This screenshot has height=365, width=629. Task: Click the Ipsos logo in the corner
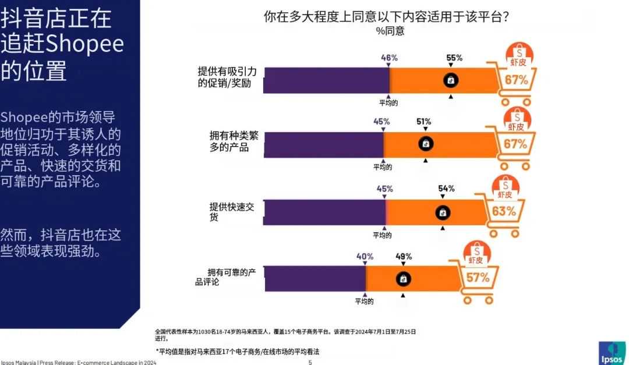612,352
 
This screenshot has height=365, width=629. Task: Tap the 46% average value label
389,58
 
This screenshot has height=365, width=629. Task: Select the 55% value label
454,58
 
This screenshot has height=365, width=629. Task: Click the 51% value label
423,122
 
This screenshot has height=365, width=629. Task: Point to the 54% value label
447,189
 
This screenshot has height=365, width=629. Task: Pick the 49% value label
404,256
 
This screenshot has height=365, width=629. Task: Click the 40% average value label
365,256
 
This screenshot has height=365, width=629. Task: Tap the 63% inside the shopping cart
503,211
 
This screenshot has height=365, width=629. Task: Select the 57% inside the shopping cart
478,278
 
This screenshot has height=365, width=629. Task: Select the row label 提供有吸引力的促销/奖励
231,77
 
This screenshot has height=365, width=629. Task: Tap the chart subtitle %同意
390,31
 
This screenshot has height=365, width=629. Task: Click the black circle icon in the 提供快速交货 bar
443,213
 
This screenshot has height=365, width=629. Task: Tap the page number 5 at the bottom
310,362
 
